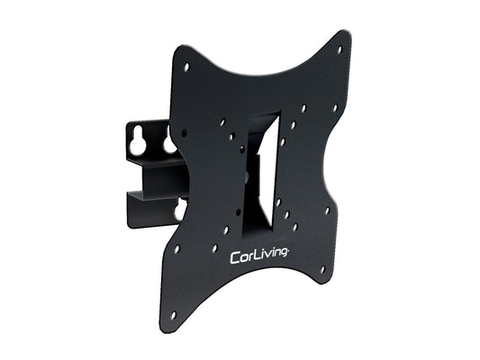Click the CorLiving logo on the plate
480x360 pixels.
(259, 256)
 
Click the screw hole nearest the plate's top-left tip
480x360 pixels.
(186, 66)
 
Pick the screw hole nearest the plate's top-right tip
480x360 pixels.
(340, 49)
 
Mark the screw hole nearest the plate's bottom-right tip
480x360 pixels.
(322, 268)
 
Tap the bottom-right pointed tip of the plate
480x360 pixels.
(330, 282)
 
